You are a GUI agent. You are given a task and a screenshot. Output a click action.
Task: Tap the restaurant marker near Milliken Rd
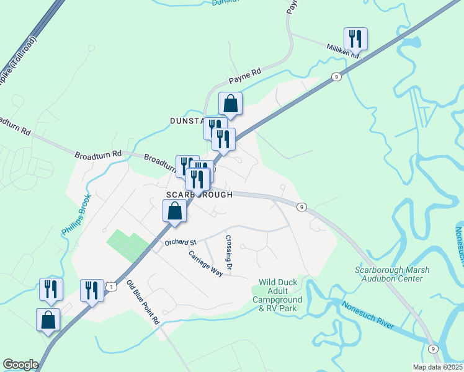pyautogui.click(x=355, y=39)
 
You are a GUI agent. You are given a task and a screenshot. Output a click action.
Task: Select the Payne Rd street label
pyautogui.click(x=245, y=76)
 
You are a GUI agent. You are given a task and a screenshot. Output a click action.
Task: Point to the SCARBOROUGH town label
pyautogui.click(x=199, y=195)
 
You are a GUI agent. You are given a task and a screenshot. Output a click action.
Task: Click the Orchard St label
pyautogui.click(x=180, y=242)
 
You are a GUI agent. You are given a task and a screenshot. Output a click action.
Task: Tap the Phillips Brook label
pyautogui.click(x=76, y=215)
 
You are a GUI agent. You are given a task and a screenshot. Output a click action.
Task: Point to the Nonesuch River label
pyautogui.click(x=368, y=314)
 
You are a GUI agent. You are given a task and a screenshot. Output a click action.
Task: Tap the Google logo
pyautogui.click(x=20, y=365)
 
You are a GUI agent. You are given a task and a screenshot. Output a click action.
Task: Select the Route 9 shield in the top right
pyautogui.click(x=336, y=76)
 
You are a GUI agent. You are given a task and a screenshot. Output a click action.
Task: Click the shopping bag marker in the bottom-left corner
pyautogui.click(x=48, y=320)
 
